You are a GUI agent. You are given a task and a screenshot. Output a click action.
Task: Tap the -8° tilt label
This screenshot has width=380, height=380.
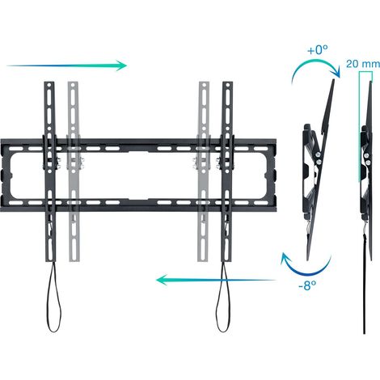[x=307, y=285]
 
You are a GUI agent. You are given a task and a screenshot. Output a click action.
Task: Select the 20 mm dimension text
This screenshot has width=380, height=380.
[x=363, y=64]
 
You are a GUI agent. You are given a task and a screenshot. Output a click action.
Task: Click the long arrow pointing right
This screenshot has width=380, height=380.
[x=67, y=65]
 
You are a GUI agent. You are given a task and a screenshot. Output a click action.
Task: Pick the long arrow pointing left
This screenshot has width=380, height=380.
[x=216, y=280]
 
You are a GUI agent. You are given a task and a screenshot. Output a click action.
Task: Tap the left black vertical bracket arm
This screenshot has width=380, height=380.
[x=50, y=171]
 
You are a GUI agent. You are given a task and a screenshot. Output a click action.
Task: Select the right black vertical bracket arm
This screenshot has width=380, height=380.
[x=227, y=171]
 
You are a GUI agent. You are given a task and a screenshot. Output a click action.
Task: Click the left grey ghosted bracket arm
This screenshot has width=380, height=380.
[x=74, y=171]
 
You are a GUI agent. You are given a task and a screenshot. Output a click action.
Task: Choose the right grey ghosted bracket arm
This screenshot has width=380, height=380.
[x=204, y=171]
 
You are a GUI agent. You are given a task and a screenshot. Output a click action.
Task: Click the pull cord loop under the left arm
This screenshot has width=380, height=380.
[x=54, y=298]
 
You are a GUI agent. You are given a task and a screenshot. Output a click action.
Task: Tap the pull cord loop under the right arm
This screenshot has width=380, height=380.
[x=223, y=298]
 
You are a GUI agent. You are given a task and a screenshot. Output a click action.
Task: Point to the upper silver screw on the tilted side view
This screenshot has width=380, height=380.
[x=319, y=154]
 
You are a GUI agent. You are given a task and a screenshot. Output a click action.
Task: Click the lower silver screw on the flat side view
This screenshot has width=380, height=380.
[x=368, y=163]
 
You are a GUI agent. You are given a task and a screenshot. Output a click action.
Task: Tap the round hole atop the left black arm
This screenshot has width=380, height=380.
[x=49, y=85]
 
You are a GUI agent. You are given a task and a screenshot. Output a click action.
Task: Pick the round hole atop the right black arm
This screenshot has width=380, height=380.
[x=228, y=85]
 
